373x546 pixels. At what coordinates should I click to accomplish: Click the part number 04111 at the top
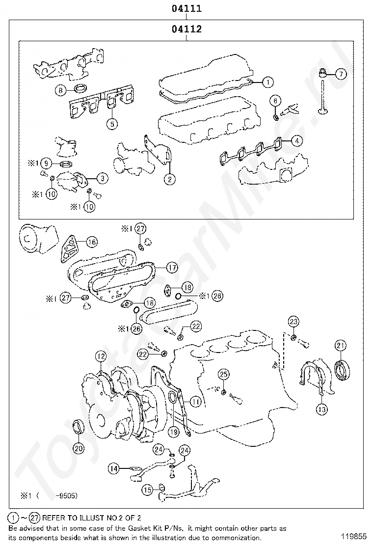186,8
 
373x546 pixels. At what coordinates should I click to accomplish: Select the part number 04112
186,29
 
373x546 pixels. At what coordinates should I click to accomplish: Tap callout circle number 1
267,82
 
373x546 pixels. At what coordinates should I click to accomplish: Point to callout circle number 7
341,74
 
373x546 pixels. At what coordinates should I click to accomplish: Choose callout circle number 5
112,124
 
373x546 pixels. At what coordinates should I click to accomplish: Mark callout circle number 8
60,90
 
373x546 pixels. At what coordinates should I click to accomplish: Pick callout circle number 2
169,179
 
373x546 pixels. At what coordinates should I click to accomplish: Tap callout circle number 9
46,163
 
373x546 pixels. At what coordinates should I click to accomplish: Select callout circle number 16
92,242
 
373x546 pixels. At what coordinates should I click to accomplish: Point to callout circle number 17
172,268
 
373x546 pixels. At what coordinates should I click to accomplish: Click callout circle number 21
341,346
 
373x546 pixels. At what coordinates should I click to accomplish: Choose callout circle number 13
321,409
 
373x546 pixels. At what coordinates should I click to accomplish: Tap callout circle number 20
79,447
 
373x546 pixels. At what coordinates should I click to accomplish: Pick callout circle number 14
114,469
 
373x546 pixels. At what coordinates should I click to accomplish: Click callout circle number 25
223,375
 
